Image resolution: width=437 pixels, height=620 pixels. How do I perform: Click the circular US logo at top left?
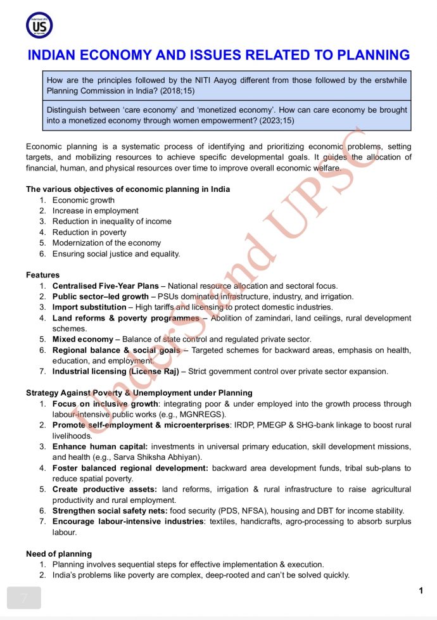coord(39,25)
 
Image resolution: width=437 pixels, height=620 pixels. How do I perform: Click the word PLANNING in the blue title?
coord(367,55)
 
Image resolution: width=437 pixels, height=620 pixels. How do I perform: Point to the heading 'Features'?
coord(43,275)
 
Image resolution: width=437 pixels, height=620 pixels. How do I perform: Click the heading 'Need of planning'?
coord(59,554)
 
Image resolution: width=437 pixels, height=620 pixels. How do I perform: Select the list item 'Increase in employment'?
coord(95,211)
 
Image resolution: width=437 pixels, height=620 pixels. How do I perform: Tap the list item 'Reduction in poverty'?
coord(89,232)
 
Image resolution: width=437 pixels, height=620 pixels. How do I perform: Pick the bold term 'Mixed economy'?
coord(83,339)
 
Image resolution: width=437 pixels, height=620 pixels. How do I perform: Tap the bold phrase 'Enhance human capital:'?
coord(100,446)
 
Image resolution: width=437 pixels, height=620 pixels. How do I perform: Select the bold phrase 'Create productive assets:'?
coord(104,490)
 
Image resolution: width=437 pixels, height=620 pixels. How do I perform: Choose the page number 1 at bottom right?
coord(421,591)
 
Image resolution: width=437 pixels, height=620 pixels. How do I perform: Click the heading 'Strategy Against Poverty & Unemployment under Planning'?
coord(139,393)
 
